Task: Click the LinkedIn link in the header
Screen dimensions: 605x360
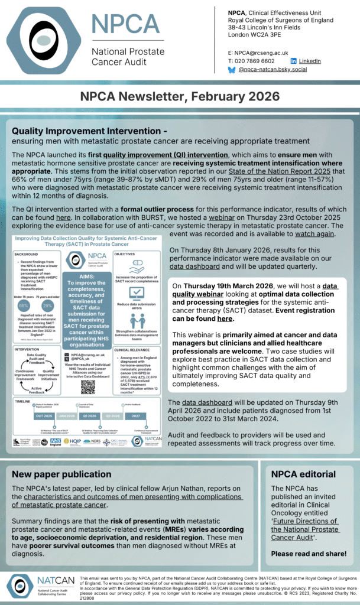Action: pos(310,61)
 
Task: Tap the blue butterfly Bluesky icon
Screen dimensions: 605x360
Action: pos(231,70)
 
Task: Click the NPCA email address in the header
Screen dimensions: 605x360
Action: pos(260,53)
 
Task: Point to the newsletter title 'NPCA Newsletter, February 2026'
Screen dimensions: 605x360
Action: pos(180,96)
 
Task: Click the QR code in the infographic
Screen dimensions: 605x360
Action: pos(88,387)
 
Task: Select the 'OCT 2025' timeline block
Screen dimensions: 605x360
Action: pos(27,415)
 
